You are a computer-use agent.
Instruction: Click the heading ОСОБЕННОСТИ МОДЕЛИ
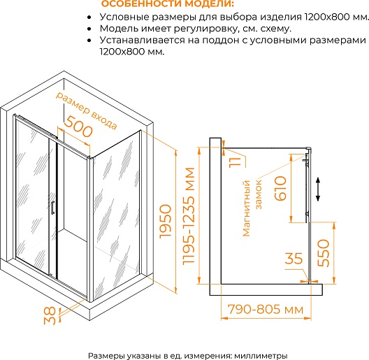coord(168,3)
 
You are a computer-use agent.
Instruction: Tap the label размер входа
coord(87,110)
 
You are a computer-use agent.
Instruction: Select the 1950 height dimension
coord(166,222)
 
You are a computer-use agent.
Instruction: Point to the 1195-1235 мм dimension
coord(189,216)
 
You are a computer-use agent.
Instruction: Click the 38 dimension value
coord(50,316)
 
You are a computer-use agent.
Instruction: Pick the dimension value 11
coord(235,162)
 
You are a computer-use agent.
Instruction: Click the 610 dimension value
coord(280,188)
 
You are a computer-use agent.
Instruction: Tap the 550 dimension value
coord(324,253)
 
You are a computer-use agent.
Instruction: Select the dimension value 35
coord(294,259)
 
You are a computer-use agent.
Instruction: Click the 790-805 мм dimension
coord(266,309)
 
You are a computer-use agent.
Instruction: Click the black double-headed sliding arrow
coord(318,189)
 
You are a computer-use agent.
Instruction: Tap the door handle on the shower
coord(52,208)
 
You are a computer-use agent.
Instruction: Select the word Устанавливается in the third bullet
coord(143,41)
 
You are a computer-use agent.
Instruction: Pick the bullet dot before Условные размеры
coord(89,17)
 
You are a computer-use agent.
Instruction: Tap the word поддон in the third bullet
coord(221,41)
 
